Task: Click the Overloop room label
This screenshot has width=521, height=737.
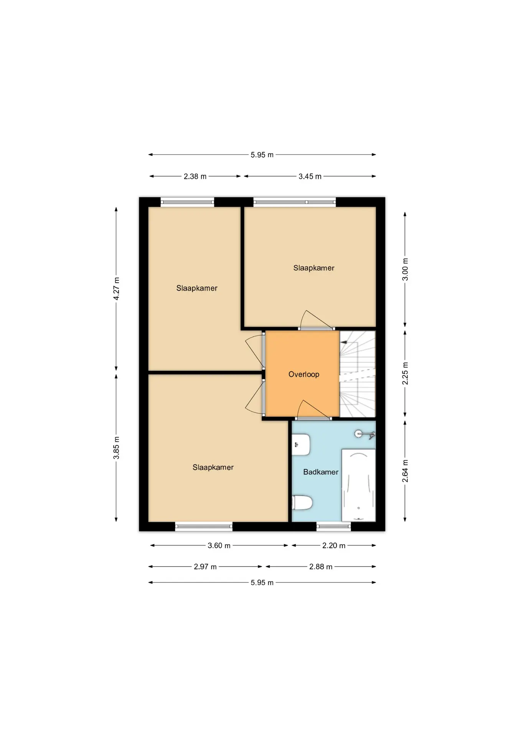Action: tap(303, 374)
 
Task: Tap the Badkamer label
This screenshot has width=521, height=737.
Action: tap(321, 472)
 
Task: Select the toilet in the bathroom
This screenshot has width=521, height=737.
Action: tap(302, 502)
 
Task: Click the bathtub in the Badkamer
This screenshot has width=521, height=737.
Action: tap(358, 485)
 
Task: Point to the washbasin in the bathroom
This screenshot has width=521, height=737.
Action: tap(301, 445)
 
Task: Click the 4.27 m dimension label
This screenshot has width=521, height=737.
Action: tap(116, 289)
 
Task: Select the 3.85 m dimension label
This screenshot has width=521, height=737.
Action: tap(116, 448)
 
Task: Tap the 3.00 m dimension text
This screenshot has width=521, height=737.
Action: tap(405, 269)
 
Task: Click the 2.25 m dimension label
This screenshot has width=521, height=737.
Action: tap(405, 373)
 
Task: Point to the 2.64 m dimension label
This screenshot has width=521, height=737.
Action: tap(405, 471)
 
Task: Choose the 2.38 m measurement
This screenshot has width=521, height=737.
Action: tap(195, 177)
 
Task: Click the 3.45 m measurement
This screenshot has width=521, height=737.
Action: tap(310, 177)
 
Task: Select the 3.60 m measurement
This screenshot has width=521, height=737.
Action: tap(219, 545)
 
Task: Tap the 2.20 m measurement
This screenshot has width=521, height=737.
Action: tap(334, 545)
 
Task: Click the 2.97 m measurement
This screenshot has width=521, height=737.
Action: tap(205, 567)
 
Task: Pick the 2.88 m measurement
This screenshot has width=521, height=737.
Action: tap(321, 567)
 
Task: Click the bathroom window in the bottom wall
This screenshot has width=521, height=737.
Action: tap(334, 526)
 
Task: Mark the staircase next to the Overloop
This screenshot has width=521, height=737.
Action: tap(358, 374)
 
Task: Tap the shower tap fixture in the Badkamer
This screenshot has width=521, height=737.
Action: tap(364, 434)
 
